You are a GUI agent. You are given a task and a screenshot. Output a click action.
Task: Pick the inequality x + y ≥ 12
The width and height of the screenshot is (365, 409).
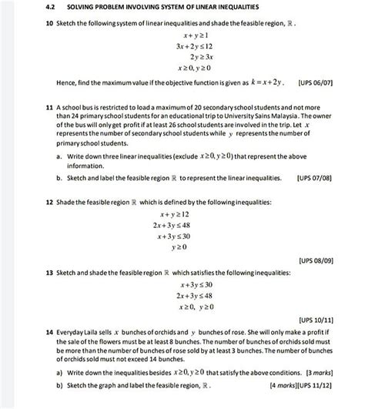pyautogui.click(x=174, y=214)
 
